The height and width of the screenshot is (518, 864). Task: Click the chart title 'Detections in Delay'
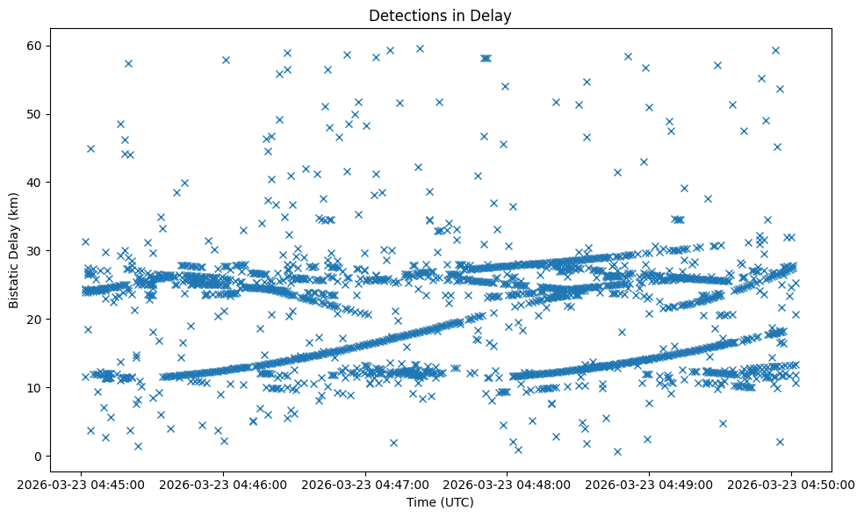(x=440, y=15)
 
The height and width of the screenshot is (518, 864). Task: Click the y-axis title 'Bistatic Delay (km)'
(x=15, y=240)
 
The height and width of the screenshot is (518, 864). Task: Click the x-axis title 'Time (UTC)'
(x=440, y=502)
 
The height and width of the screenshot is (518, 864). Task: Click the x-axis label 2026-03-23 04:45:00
(x=82, y=484)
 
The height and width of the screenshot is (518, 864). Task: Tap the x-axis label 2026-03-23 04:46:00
(x=223, y=484)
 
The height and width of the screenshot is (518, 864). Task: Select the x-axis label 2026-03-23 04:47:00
(x=365, y=484)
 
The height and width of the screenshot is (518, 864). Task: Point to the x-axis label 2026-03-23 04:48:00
(x=508, y=484)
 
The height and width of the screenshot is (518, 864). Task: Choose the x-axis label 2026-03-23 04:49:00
(x=649, y=484)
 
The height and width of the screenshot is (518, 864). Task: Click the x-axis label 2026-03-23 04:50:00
(x=791, y=484)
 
